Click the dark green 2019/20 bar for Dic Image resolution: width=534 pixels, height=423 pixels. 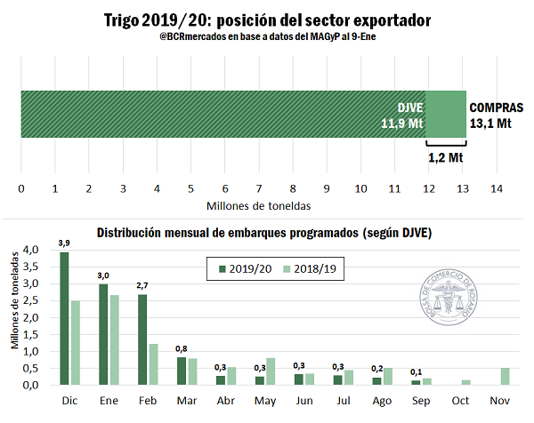pos(64,318)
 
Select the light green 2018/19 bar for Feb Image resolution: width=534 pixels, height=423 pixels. pos(153,364)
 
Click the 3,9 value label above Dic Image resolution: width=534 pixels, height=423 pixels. pos(64,243)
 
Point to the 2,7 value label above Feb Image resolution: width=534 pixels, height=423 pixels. pos(142,285)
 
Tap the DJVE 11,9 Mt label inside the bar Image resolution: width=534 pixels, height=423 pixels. pos(401,115)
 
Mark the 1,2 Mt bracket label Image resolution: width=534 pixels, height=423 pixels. pos(447,157)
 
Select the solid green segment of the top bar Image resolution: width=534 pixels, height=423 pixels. pos(446,114)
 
